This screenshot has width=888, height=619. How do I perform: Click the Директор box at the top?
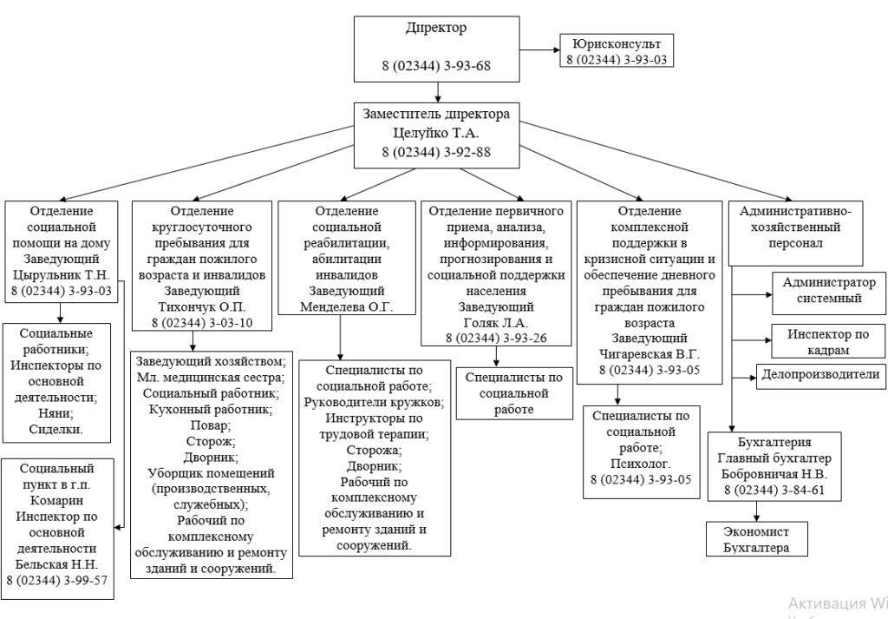point(437,49)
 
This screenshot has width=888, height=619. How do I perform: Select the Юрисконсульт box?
point(617,50)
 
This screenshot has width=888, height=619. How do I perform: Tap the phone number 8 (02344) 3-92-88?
point(436,152)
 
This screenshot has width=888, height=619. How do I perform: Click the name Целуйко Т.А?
point(436,133)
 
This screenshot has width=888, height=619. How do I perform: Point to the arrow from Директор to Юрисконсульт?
point(539,49)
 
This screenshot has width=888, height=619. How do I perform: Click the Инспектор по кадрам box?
point(828,342)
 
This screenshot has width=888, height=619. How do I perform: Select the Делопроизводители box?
point(821,377)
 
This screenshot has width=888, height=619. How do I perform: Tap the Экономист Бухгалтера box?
point(756,539)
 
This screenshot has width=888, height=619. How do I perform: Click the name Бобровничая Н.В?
point(774,474)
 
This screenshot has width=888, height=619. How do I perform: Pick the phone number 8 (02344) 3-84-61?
point(774,490)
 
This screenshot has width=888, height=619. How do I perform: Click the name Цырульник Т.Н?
point(62,275)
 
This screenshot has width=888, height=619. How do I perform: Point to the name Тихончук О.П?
point(201,307)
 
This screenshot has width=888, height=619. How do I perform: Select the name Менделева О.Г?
point(346,306)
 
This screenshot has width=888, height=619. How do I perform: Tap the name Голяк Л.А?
point(495,323)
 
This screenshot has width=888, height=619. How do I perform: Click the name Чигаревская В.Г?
point(649,353)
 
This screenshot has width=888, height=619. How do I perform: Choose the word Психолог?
point(641,463)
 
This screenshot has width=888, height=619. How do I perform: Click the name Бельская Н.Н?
point(56,564)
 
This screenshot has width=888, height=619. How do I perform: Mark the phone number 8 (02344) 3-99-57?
point(56,580)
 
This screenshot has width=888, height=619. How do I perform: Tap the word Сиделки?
point(56,429)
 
